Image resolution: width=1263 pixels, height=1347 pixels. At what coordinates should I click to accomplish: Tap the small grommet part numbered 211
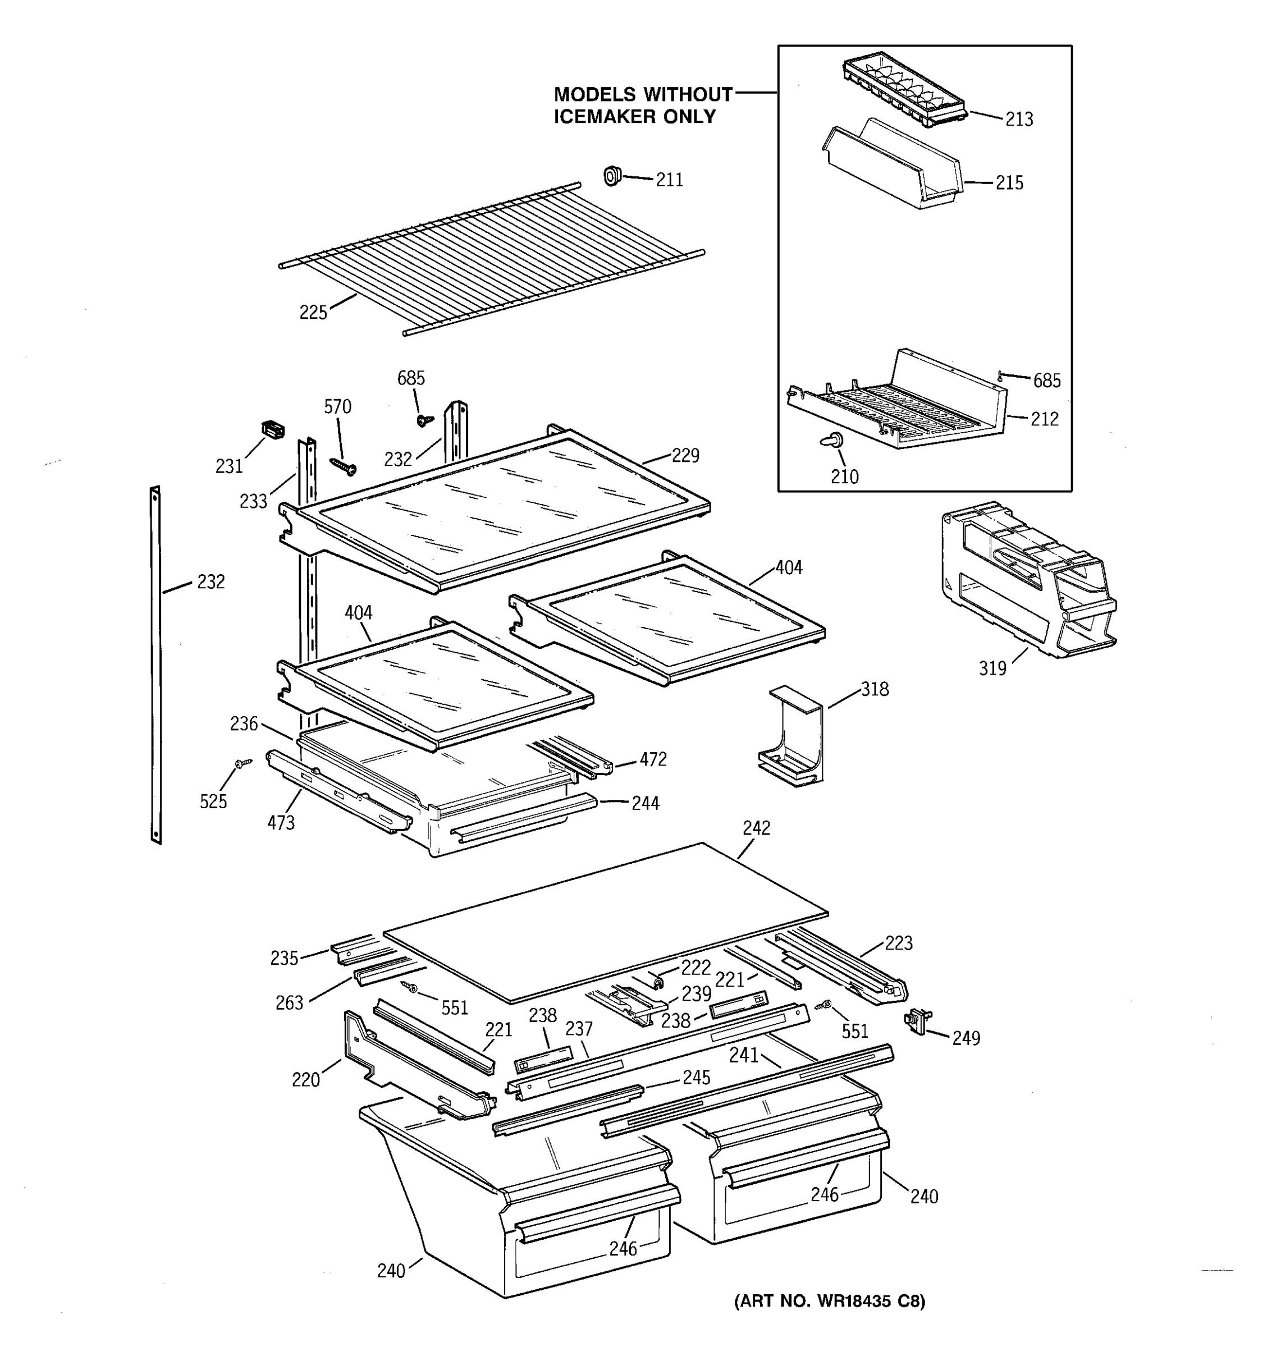(612, 176)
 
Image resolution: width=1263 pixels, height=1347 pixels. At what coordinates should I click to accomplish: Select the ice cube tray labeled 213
(904, 92)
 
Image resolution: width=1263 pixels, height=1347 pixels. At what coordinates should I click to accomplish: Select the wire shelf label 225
(313, 313)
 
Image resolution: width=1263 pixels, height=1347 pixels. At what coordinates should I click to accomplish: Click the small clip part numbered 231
(272, 429)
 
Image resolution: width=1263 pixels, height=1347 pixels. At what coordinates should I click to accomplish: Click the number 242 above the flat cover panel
(756, 828)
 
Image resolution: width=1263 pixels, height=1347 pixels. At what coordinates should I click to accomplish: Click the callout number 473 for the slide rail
(281, 823)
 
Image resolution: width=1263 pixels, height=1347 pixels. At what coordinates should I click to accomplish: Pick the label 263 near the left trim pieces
(289, 1003)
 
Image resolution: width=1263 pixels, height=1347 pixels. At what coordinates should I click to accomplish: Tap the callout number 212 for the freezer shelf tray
(1044, 419)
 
